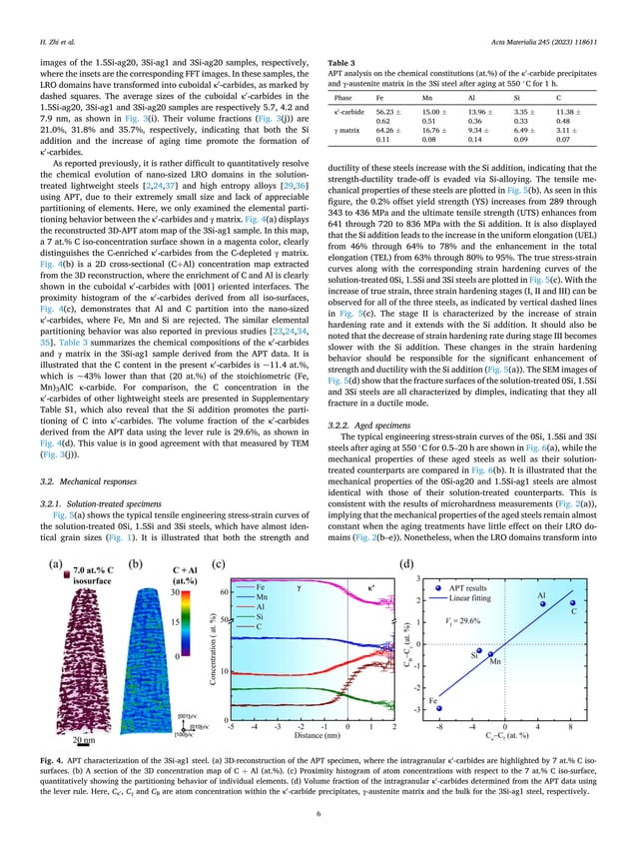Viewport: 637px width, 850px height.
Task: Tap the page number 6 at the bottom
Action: click(x=318, y=818)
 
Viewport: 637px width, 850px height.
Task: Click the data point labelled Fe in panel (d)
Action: click(x=439, y=707)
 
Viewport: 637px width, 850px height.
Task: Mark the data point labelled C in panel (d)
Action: click(x=571, y=603)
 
